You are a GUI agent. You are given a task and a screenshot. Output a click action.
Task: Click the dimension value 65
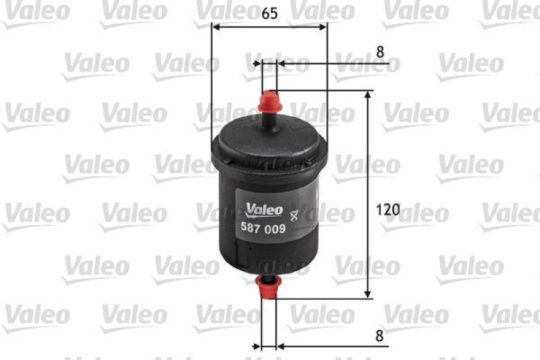coord(268,12)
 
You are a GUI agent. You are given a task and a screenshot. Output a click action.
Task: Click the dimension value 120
coord(388,209)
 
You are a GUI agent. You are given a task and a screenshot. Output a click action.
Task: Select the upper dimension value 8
coord(380,51)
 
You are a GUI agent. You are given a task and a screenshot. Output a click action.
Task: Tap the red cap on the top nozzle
coord(269,101)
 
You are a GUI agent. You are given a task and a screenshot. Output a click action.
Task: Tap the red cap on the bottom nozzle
coord(269,289)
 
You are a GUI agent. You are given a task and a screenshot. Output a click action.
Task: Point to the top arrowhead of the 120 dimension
coord(368,95)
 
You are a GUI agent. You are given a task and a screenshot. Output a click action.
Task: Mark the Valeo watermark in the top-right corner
coord(513,12)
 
